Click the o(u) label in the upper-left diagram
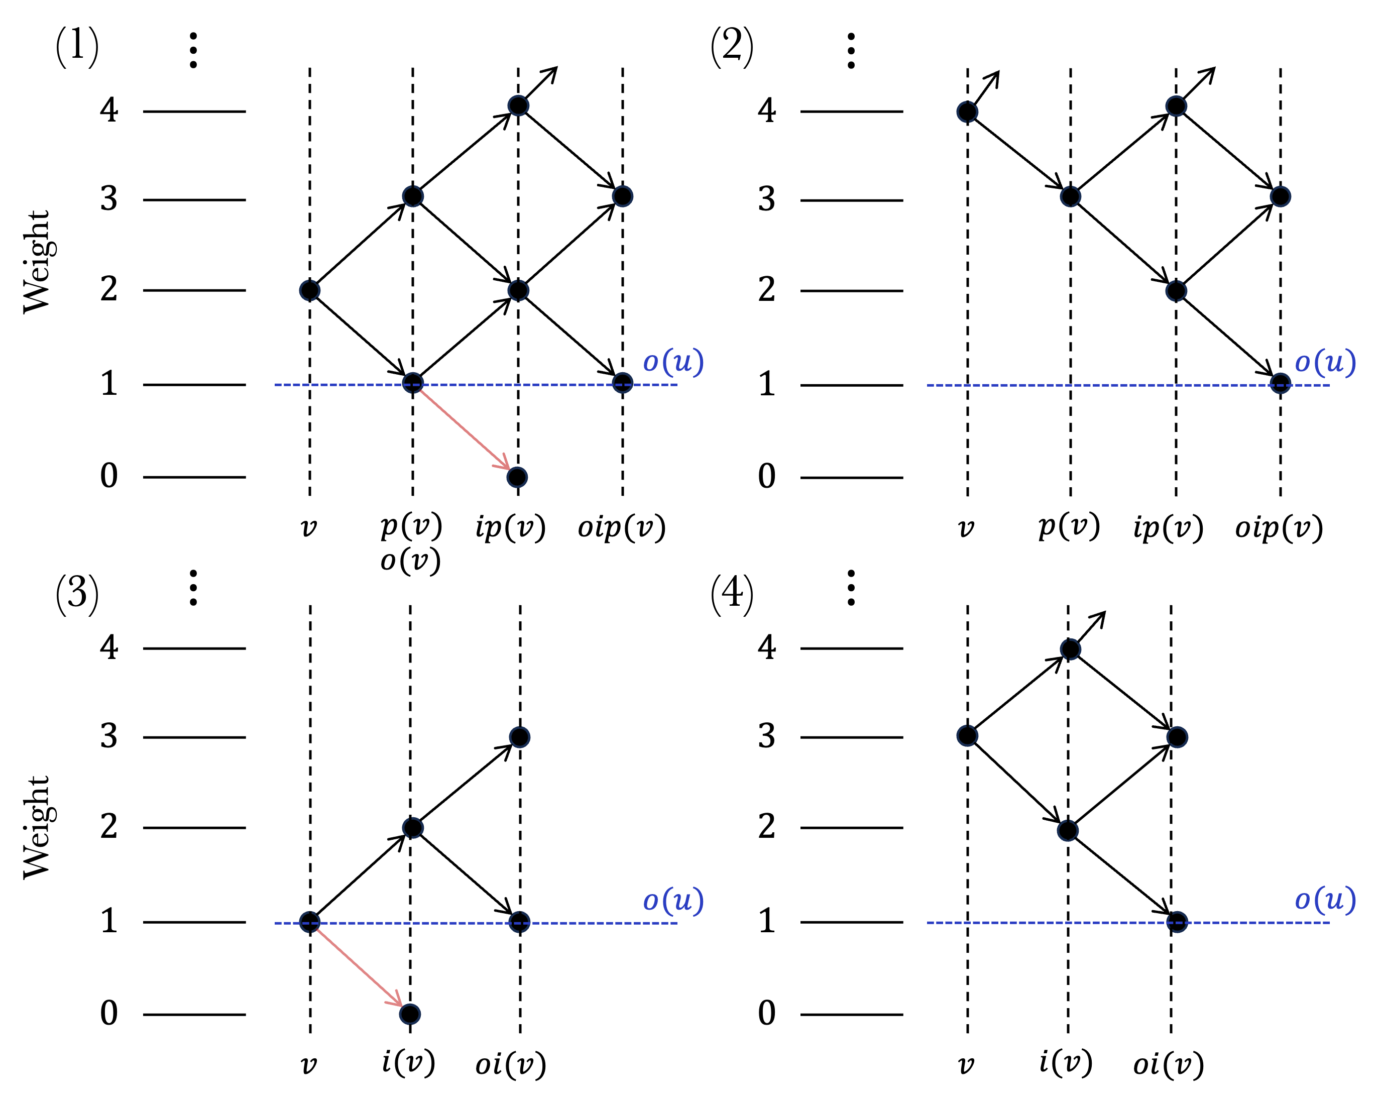coord(673,362)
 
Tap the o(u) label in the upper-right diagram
coord(1325,363)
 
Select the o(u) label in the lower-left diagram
coord(673,901)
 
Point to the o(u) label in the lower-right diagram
coord(1325,900)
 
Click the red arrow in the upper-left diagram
coord(464,429)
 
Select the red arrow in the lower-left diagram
coord(358,967)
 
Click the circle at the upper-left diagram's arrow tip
coord(517,477)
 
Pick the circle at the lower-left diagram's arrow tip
coord(410,1014)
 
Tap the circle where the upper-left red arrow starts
coord(413,383)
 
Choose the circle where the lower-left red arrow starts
coord(310,922)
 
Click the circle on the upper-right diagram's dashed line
coord(1280,383)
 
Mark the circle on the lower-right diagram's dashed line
coord(1177,922)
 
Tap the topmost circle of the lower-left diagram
coord(519,737)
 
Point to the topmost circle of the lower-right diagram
coord(1071,649)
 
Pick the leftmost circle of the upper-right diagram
coord(967,112)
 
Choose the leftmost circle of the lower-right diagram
coord(967,736)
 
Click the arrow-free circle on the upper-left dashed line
coord(623,383)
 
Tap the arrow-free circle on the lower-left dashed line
coord(519,922)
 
